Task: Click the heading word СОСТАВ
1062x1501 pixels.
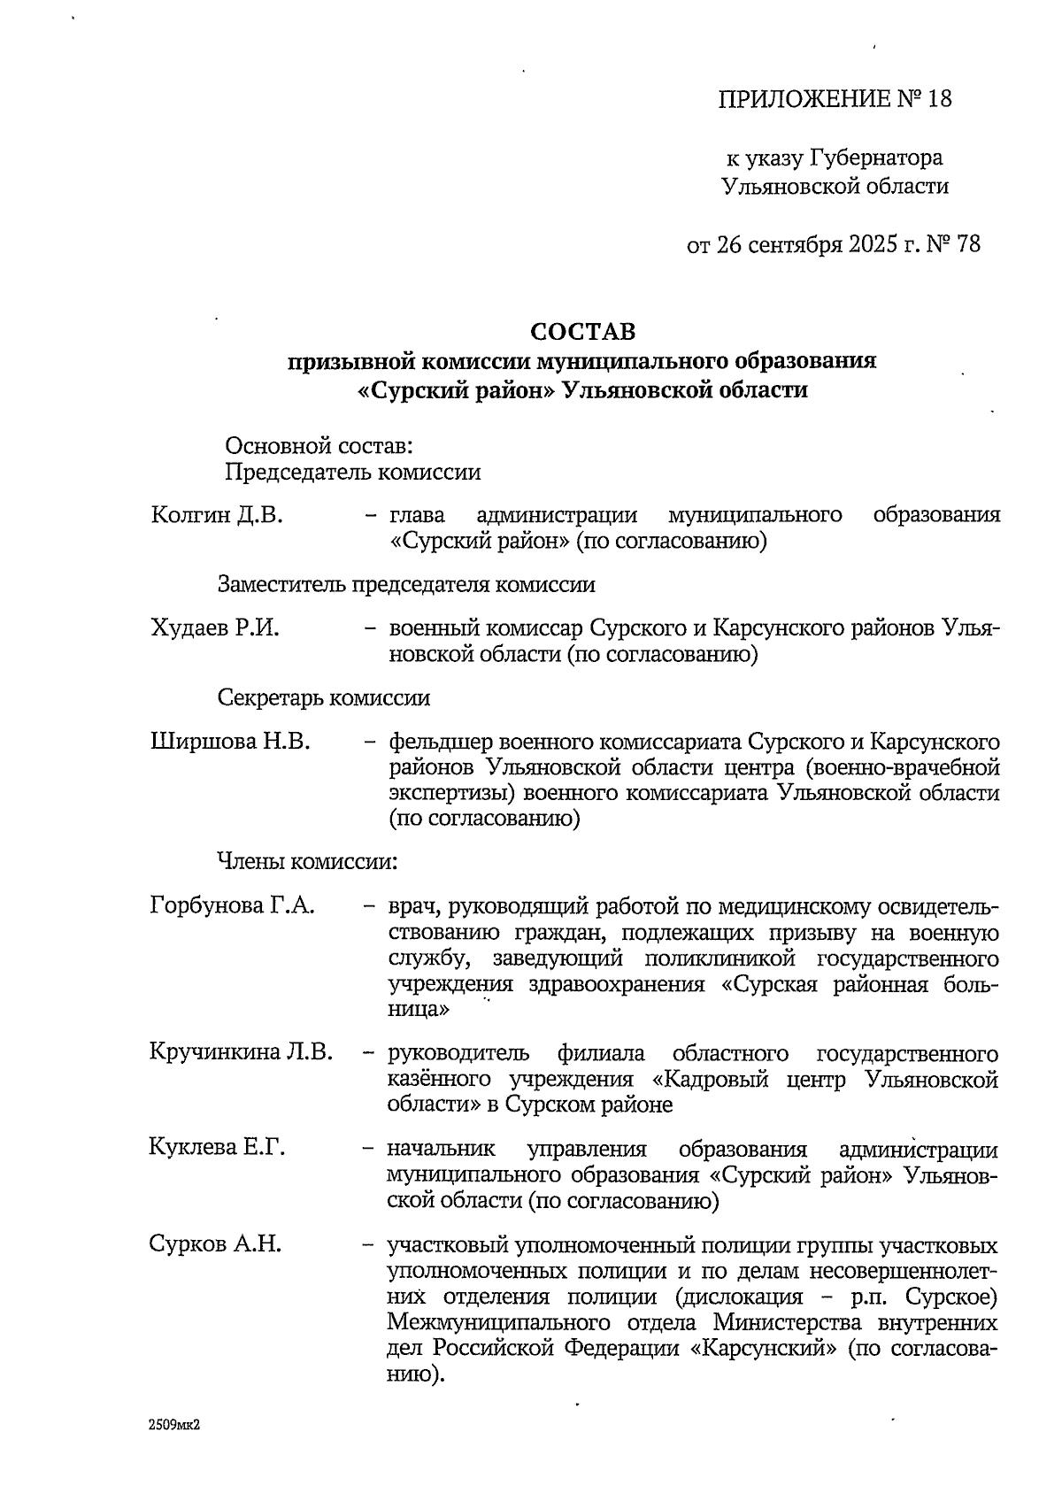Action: [582, 332]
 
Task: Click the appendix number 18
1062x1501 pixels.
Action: [938, 98]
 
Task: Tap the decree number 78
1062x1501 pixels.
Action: [968, 244]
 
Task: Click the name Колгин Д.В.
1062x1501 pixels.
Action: [218, 515]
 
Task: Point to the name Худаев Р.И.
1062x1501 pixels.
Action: [215, 629]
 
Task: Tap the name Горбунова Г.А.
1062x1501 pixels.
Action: [233, 906]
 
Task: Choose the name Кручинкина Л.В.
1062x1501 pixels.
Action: [242, 1052]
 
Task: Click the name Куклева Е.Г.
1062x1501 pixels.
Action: [218, 1148]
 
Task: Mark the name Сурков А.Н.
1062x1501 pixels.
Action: [216, 1244]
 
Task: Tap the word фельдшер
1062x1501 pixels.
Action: [440, 742]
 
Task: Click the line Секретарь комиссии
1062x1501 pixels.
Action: [324, 697]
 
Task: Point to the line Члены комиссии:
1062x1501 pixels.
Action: [307, 859]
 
